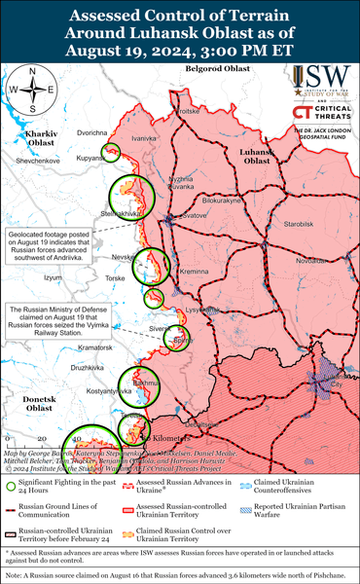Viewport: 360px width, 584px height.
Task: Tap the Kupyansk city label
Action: (x=91, y=158)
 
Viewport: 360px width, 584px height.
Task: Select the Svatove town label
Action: (x=196, y=214)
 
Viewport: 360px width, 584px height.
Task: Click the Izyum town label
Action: (x=54, y=277)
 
